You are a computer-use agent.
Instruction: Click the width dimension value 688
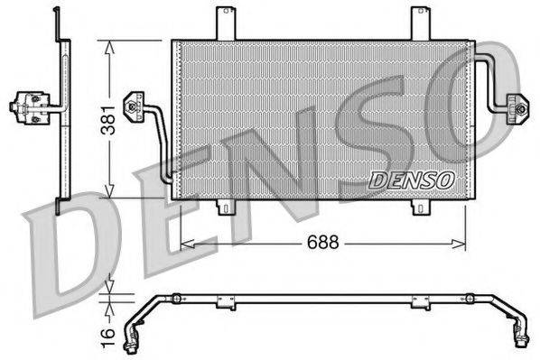click(x=323, y=243)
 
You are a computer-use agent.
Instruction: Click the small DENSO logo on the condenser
click(x=411, y=180)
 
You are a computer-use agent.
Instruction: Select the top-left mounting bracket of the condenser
click(x=225, y=23)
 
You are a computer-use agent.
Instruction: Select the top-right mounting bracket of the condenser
click(x=420, y=23)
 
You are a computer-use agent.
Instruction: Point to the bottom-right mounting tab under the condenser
click(x=421, y=207)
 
